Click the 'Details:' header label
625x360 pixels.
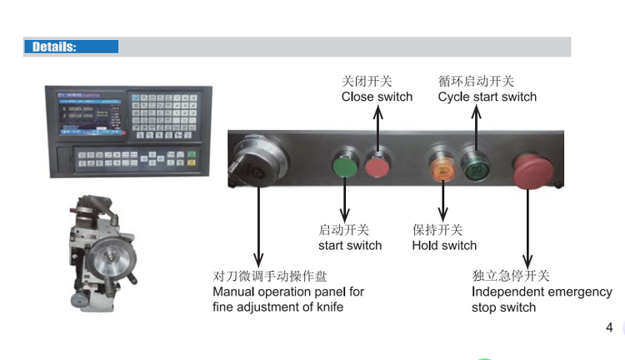click(54, 47)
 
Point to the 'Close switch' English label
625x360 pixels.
click(377, 97)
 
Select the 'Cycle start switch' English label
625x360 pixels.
click(487, 97)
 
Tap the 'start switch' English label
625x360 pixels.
click(350, 245)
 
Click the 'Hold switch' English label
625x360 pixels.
click(444, 245)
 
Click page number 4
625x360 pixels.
click(609, 327)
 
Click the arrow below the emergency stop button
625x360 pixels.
click(526, 225)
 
